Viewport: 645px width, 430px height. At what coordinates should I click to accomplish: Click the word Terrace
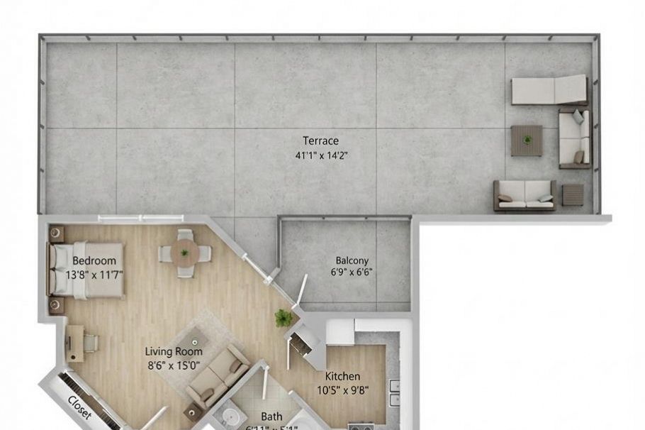point(320,140)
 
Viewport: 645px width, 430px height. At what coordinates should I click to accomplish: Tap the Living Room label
point(174,351)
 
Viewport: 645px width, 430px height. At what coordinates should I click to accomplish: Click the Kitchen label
point(342,376)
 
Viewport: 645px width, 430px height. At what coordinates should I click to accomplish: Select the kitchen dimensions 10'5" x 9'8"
point(342,389)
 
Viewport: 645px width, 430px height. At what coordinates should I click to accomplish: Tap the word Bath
point(271,417)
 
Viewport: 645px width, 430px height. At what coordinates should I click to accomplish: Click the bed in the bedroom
point(86,270)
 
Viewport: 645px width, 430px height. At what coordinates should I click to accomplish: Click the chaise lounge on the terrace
point(549,90)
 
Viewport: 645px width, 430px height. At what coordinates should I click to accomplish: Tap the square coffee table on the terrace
point(527,140)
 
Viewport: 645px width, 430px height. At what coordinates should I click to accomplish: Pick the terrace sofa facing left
point(574,138)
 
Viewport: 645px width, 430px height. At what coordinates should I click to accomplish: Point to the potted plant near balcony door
point(284,318)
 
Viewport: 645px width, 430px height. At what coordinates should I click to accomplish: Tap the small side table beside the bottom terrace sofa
point(573,194)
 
